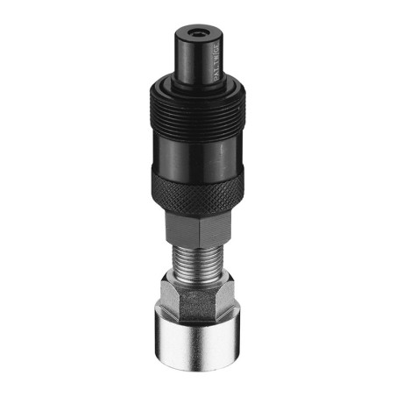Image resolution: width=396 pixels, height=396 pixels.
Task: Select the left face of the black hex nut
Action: coord(186,230)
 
